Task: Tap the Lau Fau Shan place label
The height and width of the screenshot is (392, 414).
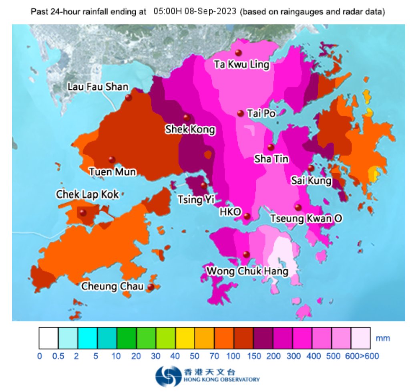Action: (x=98, y=87)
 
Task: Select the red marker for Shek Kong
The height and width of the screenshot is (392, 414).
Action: (x=187, y=117)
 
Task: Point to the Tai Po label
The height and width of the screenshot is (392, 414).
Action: (x=261, y=114)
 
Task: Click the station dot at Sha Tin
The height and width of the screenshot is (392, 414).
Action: (x=271, y=147)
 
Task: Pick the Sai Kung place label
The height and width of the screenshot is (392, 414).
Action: (x=311, y=181)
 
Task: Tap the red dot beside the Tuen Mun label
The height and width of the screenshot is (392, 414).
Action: (x=112, y=160)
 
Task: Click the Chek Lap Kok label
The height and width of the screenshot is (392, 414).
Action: (x=87, y=195)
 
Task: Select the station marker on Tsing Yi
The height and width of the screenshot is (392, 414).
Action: (x=204, y=186)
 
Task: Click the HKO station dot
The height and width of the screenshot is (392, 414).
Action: (x=247, y=216)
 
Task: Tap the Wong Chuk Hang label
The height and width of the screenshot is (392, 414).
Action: (x=247, y=271)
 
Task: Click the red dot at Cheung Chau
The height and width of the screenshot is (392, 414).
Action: (x=151, y=287)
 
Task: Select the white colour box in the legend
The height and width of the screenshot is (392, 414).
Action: (x=49, y=338)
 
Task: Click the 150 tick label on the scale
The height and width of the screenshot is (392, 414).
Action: (x=253, y=356)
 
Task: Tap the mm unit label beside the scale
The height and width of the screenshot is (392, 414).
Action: (x=383, y=338)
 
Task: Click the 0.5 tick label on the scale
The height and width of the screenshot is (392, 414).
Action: (x=58, y=356)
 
